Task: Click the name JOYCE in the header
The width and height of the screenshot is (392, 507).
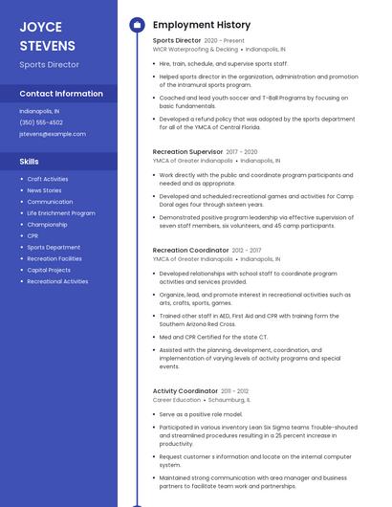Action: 40,27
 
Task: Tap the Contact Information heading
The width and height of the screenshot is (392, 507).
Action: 61,94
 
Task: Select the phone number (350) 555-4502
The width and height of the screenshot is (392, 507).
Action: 41,122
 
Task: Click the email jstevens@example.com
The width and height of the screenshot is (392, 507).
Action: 53,134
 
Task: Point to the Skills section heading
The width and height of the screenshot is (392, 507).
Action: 29,162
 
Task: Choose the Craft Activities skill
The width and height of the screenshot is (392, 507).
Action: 48,179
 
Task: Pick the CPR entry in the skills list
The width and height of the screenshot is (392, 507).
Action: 33,235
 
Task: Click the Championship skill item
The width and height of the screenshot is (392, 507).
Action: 47,224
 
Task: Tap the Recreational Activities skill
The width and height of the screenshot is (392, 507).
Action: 57,281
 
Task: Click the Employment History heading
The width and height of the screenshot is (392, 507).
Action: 202,25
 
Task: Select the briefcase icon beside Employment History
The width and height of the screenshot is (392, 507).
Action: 137,25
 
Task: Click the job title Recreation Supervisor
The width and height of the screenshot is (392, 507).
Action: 187,151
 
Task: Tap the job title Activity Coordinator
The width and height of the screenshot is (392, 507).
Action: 185,390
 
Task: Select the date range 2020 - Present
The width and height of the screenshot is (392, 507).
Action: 225,41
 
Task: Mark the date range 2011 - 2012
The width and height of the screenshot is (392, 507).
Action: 235,390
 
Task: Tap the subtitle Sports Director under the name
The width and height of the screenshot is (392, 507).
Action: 49,65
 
